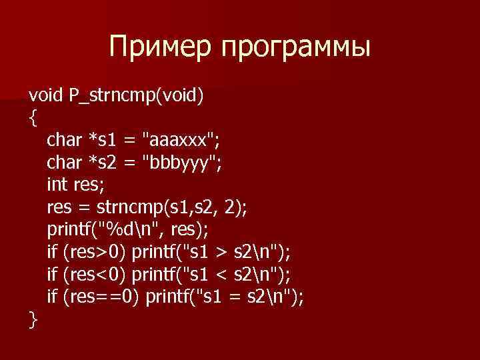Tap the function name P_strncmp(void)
coord(137,97)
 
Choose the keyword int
coord(57,186)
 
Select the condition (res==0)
coord(100,298)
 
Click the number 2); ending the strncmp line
coord(235,209)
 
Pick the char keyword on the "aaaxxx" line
coord(64,141)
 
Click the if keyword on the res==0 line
coord(52,298)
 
